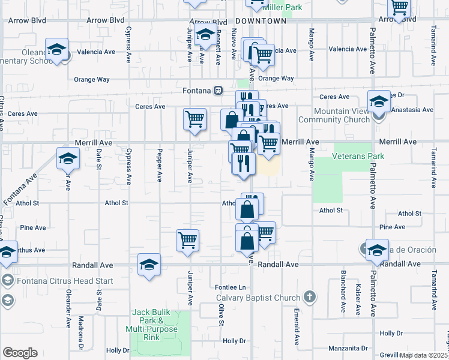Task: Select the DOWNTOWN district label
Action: click(x=261, y=21)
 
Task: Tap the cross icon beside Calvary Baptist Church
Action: click(x=309, y=296)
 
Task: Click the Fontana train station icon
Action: click(x=219, y=91)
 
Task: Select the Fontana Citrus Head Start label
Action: click(x=49, y=280)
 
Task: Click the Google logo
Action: click(x=20, y=353)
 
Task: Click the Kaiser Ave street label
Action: click(x=358, y=299)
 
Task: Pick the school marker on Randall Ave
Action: click(x=149, y=264)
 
